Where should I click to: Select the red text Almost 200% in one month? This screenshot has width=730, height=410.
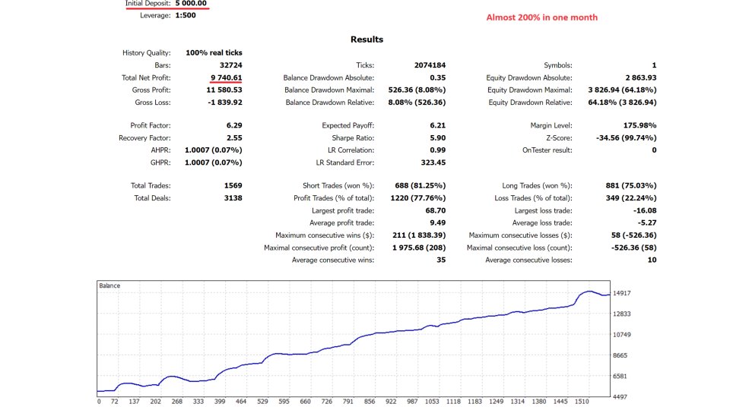541,17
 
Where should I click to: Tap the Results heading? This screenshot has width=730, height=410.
367,39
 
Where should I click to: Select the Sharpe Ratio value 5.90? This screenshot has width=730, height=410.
436,137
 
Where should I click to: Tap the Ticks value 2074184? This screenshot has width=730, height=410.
430,65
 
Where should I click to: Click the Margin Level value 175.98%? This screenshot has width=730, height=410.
640,125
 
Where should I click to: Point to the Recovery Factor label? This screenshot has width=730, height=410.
144,137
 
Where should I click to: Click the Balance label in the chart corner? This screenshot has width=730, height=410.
109,285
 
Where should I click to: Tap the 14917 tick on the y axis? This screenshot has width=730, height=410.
623,293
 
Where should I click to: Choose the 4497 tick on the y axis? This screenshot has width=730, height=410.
623,396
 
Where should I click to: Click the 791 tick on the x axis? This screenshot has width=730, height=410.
348,402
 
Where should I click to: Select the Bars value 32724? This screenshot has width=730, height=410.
230,65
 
